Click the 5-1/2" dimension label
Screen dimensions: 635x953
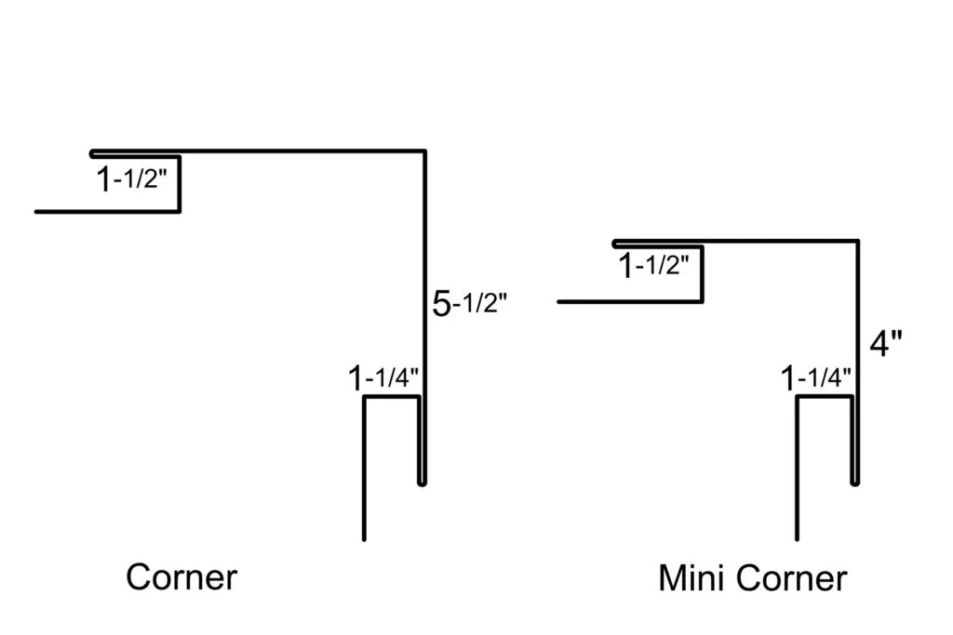470,304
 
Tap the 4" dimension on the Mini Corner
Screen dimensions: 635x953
886,343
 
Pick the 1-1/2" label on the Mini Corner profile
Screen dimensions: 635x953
654,267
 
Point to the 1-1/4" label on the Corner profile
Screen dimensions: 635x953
384,378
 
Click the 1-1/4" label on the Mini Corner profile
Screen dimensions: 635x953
816,378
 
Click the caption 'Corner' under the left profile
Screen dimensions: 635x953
181,576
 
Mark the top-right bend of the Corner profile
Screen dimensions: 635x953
424,151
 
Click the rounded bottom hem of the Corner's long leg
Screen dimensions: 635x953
422,482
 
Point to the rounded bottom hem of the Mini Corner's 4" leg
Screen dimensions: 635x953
854,482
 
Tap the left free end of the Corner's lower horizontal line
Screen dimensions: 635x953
37,211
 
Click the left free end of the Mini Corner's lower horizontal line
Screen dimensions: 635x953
559,302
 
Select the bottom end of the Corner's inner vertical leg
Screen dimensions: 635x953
364,537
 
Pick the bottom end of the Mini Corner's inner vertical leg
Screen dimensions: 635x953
797,537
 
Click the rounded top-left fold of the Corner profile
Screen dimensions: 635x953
93,152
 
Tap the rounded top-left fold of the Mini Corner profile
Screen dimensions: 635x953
615,243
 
